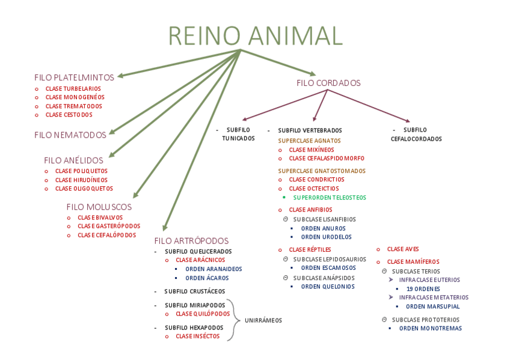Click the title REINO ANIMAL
[255, 35]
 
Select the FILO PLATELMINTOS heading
[74, 78]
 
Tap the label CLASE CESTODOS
[69, 115]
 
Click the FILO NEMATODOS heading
[70, 135]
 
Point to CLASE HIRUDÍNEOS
[81, 180]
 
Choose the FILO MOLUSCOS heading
[99, 207]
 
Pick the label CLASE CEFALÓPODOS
[106, 235]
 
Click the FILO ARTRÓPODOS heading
[191, 240]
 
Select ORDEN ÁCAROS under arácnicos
[207, 278]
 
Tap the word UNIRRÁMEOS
[263, 320]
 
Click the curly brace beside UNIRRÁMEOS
[237, 320]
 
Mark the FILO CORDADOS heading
[328, 83]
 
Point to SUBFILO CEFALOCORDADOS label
[416, 134]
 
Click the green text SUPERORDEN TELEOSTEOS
[329, 197]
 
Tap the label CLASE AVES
[402, 249]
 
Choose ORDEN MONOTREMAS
[430, 328]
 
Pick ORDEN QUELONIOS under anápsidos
[327, 287]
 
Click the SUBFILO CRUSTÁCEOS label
[195, 291]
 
